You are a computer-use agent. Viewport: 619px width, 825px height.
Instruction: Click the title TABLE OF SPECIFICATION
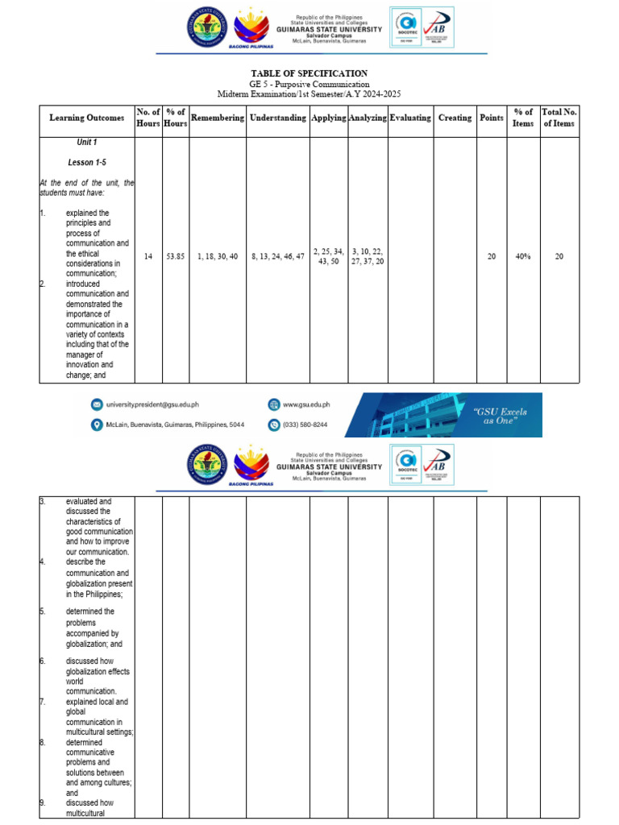[x=309, y=73]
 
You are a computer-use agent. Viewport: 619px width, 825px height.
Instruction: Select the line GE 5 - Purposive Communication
[x=309, y=84]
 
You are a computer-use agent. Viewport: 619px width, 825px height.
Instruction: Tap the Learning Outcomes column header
[x=87, y=118]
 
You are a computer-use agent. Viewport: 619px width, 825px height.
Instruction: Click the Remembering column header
[x=218, y=118]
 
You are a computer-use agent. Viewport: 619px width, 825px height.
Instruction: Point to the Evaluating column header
[x=410, y=118]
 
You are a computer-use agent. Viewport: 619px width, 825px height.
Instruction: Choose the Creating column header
[x=455, y=118]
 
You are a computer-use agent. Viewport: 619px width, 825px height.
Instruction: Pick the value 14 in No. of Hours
[x=148, y=256]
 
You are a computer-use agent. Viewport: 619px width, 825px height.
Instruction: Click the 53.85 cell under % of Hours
[x=176, y=256]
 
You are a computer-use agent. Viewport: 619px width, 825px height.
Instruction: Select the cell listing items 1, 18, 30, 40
[x=218, y=256]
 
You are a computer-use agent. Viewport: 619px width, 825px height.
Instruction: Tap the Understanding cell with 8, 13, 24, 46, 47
[x=278, y=256]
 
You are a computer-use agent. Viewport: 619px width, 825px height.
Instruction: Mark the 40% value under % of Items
[x=523, y=256]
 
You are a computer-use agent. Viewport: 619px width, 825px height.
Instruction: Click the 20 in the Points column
[x=492, y=256]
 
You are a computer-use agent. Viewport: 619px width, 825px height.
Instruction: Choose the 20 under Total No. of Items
[x=559, y=256]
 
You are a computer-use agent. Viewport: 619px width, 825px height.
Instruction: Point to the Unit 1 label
[x=87, y=142]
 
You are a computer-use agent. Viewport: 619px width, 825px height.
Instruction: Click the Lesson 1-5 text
[x=87, y=162]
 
